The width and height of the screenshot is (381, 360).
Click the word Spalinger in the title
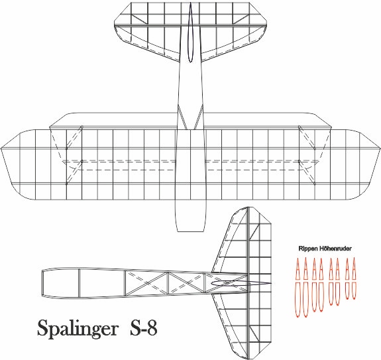click(78, 329)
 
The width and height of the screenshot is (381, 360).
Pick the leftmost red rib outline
click(298, 288)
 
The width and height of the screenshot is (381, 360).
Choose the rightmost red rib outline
click(354, 278)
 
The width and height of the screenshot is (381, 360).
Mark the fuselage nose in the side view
click(42, 282)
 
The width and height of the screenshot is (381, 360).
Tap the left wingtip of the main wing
click(2, 149)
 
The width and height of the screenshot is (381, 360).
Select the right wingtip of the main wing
click(379, 149)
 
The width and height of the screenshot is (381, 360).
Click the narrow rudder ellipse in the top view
click(191, 32)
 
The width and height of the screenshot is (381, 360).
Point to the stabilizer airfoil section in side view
click(241, 283)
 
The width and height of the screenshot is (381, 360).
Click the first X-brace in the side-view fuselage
click(146, 283)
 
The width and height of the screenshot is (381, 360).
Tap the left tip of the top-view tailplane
click(115, 25)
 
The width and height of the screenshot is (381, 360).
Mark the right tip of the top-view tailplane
click(266, 25)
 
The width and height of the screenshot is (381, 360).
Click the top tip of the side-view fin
click(248, 208)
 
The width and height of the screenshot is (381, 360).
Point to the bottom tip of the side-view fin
click(248, 359)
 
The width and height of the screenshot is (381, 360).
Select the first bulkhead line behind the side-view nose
click(80, 283)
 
